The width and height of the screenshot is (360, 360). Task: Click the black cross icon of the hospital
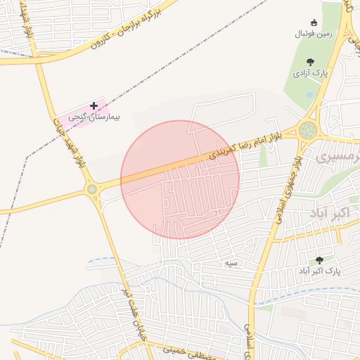(94, 105)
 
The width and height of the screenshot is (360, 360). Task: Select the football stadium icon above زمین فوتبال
(314, 22)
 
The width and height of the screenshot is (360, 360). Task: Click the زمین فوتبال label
(314, 33)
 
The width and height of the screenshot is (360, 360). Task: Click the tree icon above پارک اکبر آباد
(320, 259)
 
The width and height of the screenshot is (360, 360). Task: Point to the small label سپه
(231, 263)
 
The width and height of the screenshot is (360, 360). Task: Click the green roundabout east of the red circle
(308, 130)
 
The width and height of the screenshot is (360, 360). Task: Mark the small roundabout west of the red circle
(91, 188)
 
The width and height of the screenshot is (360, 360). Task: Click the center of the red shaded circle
(180, 180)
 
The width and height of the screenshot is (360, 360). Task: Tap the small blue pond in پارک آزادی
(310, 94)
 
